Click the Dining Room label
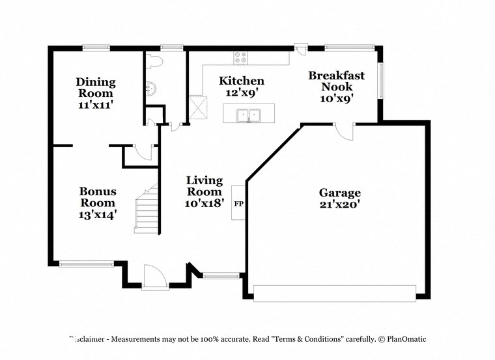96,87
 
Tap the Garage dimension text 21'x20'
339,204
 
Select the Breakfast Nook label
336,81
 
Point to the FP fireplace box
238,203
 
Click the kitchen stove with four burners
240,57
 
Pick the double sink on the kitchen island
248,116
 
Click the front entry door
155,277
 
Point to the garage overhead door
335,294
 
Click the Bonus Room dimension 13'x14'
98,214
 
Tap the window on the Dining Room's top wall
96,47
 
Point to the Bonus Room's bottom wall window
86,264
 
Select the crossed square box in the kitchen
197,105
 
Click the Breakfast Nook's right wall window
382,79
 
